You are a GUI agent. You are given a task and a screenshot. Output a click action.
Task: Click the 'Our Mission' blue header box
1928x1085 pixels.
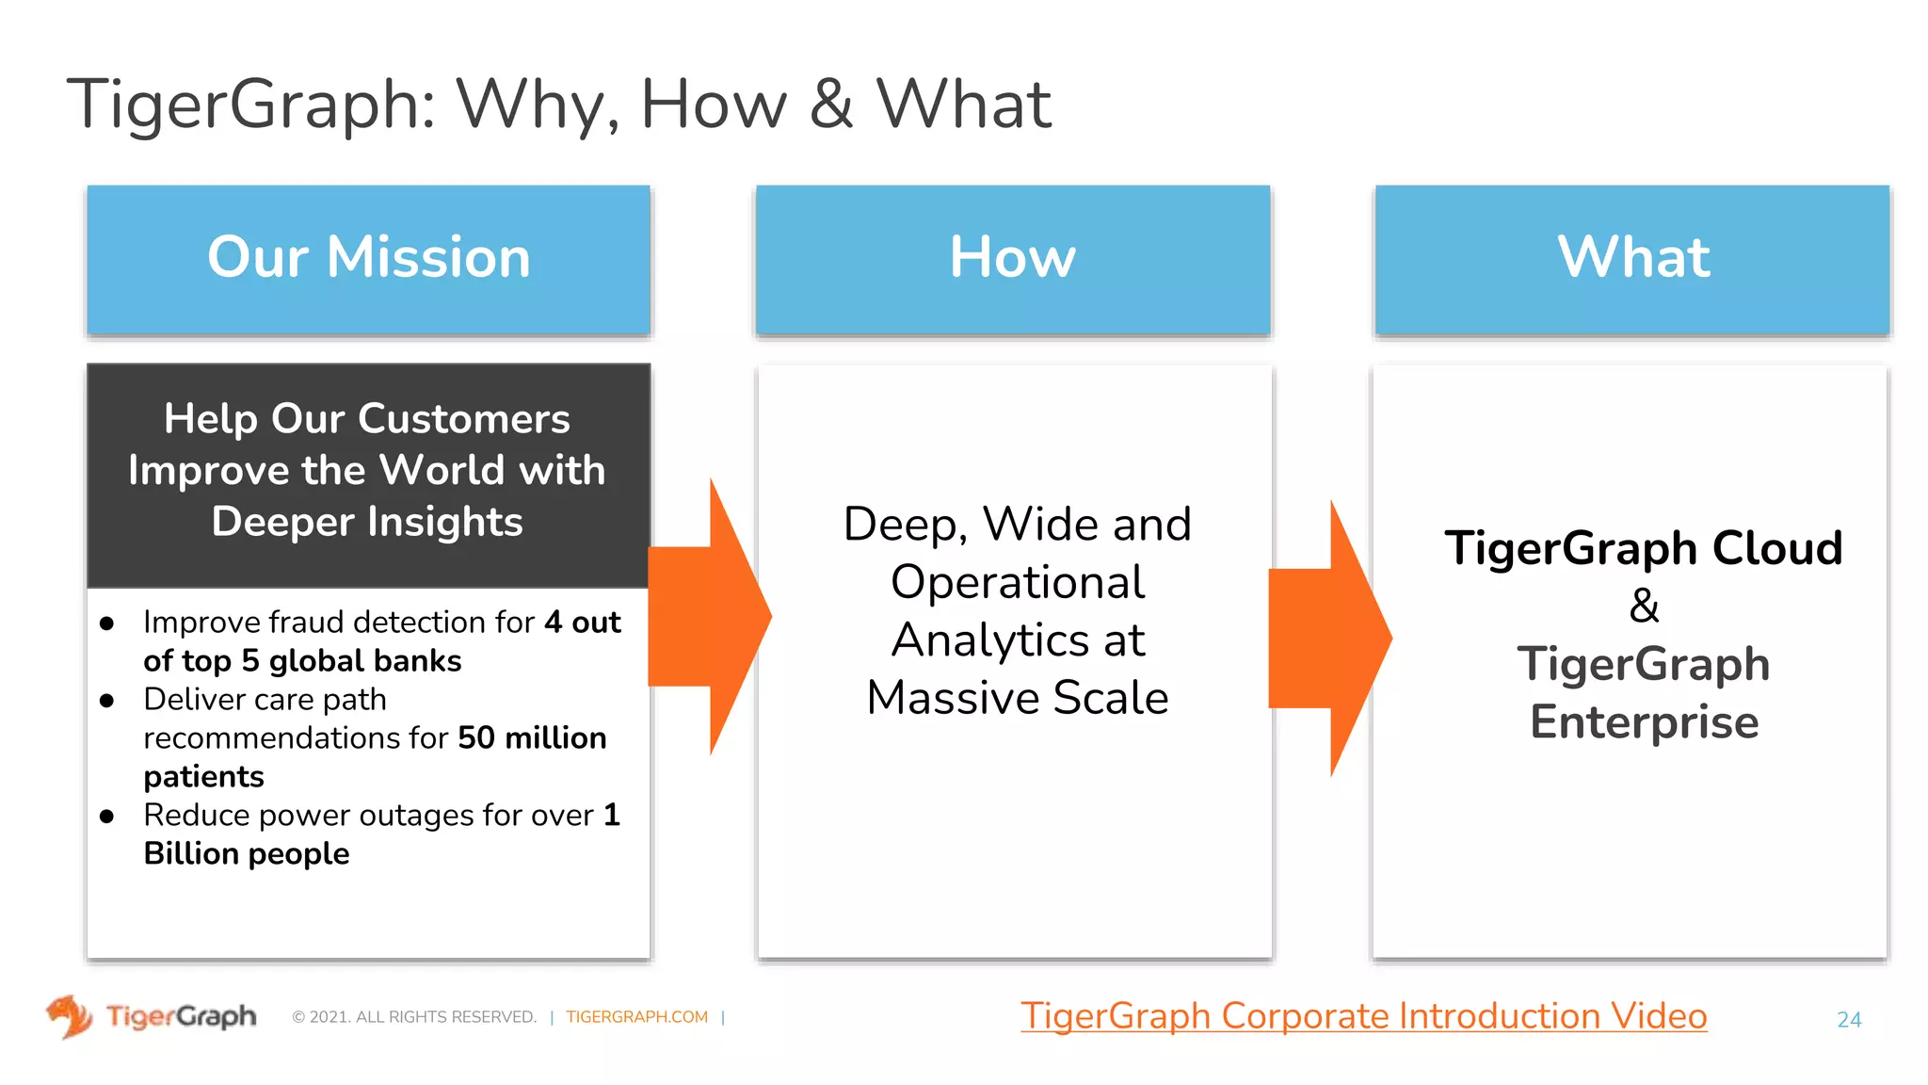click(368, 259)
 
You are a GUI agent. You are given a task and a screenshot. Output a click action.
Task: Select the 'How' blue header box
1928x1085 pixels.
click(1012, 259)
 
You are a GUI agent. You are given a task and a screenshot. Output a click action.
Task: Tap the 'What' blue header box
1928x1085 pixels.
click(1632, 259)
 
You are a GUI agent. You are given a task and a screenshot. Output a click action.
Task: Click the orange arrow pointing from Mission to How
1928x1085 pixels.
click(711, 617)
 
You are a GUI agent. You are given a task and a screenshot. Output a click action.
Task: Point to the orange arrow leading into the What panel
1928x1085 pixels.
click(1329, 639)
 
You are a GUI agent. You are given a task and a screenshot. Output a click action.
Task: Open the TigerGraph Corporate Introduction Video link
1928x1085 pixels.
click(1363, 1016)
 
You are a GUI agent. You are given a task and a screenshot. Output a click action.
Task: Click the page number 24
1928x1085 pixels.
click(1849, 1019)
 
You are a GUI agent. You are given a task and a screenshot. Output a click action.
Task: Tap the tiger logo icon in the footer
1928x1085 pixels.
click(69, 1016)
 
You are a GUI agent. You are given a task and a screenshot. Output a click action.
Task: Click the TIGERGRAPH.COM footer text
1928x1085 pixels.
click(636, 1017)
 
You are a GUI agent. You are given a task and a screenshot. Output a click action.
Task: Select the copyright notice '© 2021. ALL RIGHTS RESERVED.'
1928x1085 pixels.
click(414, 1017)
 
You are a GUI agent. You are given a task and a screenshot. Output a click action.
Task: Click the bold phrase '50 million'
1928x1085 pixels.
click(532, 737)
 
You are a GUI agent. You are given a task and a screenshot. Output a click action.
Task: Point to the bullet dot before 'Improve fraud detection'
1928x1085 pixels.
click(106, 623)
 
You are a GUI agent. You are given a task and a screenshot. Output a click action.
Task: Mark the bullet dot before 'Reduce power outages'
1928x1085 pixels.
click(106, 817)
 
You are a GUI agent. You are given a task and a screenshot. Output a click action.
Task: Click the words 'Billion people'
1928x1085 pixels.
click(247, 853)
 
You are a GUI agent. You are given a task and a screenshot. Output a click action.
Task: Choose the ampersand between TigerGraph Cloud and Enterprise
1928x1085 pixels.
click(1644, 606)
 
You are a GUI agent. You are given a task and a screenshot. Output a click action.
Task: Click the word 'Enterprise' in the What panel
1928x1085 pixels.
click(1644, 722)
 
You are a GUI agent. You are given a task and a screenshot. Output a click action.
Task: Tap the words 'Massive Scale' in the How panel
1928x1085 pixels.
click(1017, 698)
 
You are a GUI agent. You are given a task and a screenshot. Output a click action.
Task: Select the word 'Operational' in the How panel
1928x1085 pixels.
click(1017, 582)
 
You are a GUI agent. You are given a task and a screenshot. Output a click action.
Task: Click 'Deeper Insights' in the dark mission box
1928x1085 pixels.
click(367, 522)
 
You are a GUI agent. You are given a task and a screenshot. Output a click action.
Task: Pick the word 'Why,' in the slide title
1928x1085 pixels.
click(538, 104)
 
